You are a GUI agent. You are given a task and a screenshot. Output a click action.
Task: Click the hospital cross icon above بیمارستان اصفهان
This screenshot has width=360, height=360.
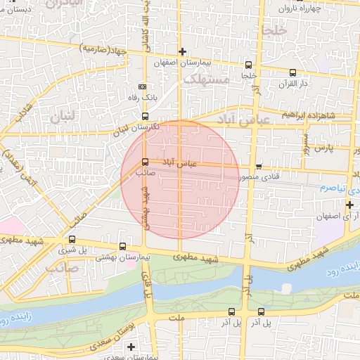(x=183, y=51)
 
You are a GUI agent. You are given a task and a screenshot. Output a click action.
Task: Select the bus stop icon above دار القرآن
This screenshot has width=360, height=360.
(x=292, y=72)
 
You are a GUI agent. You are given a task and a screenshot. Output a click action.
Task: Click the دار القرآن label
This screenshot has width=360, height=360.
(x=294, y=84)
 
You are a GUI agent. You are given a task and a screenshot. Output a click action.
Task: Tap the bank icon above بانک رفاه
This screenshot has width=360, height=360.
(x=143, y=86)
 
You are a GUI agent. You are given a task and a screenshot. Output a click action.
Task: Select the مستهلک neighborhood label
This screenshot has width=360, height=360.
(x=206, y=79)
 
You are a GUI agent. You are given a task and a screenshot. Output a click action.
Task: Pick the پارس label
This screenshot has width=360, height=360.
(x=322, y=149)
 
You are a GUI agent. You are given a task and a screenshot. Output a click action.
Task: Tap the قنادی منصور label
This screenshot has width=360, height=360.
(x=262, y=177)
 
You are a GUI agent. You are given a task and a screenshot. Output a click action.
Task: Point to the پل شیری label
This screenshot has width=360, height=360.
(x=72, y=250)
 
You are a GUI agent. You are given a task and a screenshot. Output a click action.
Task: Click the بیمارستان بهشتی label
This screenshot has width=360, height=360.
(x=125, y=258)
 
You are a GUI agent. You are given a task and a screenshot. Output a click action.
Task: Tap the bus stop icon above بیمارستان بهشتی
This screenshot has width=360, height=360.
(x=124, y=247)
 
